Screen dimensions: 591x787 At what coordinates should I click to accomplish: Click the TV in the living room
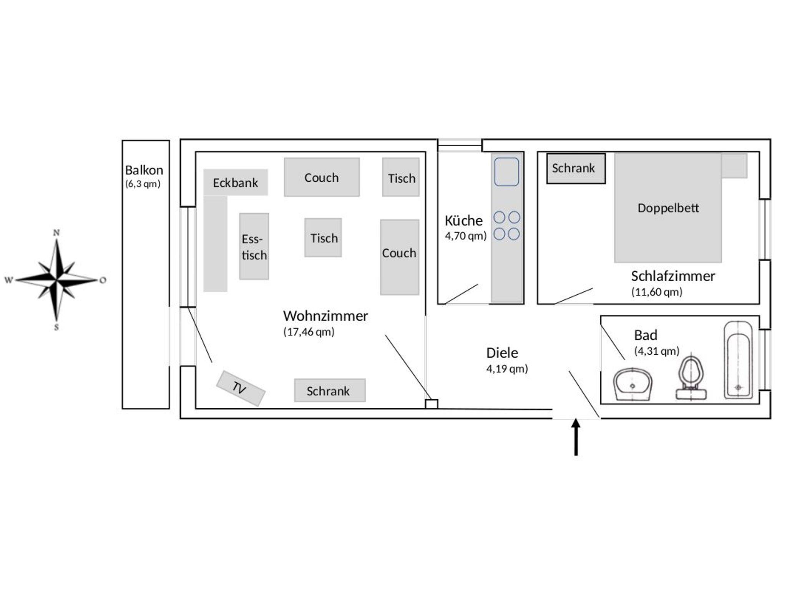[241, 388]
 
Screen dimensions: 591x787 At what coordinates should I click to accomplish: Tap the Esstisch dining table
[254, 246]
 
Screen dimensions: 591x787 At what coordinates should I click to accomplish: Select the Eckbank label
[235, 183]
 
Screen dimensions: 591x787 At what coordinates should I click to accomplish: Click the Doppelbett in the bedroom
[668, 208]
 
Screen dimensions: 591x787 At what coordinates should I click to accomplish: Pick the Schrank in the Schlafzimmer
[576, 168]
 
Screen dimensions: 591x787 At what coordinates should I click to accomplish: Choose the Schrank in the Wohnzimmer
[329, 391]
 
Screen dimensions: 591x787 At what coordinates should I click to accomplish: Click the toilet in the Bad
[691, 379]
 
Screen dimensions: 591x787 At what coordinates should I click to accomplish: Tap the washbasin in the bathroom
[633, 384]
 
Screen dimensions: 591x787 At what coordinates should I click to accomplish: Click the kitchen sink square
[506, 171]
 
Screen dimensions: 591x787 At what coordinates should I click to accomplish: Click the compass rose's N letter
[56, 232]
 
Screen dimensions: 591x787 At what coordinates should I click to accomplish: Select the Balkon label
[144, 170]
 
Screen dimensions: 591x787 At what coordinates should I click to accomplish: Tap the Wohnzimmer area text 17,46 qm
[309, 332]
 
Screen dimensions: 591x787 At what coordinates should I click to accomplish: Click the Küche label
[463, 221]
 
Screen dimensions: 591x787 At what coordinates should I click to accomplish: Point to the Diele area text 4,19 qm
[507, 369]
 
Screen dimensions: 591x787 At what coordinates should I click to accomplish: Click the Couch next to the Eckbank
[322, 178]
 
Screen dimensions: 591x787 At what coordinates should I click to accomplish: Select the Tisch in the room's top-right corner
[401, 178]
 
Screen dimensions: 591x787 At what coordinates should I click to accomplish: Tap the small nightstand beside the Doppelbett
[734, 166]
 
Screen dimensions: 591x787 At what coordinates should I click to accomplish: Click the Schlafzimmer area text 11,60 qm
[657, 292]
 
